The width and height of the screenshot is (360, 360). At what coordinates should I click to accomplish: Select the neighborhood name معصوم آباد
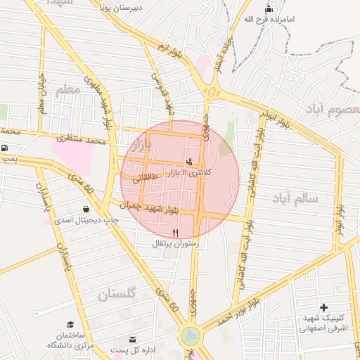click(x=332, y=110)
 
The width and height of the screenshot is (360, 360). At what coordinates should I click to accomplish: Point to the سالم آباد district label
click(x=293, y=199)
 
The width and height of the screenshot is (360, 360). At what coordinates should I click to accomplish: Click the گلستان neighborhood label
click(x=116, y=294)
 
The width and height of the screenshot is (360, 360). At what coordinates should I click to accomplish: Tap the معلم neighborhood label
click(x=68, y=89)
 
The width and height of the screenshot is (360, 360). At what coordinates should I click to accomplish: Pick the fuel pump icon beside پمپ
click(x=6, y=148)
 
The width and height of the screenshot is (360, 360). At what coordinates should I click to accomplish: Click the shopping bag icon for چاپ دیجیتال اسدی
click(x=86, y=209)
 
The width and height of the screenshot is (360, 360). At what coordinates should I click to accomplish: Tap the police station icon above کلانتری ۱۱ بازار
click(x=188, y=161)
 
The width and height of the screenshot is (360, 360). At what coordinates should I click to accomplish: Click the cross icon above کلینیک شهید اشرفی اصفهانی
click(x=323, y=307)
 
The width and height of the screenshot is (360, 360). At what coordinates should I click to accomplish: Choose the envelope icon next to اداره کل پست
click(x=132, y=340)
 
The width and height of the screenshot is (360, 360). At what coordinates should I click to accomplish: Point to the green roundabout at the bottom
click(x=189, y=336)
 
